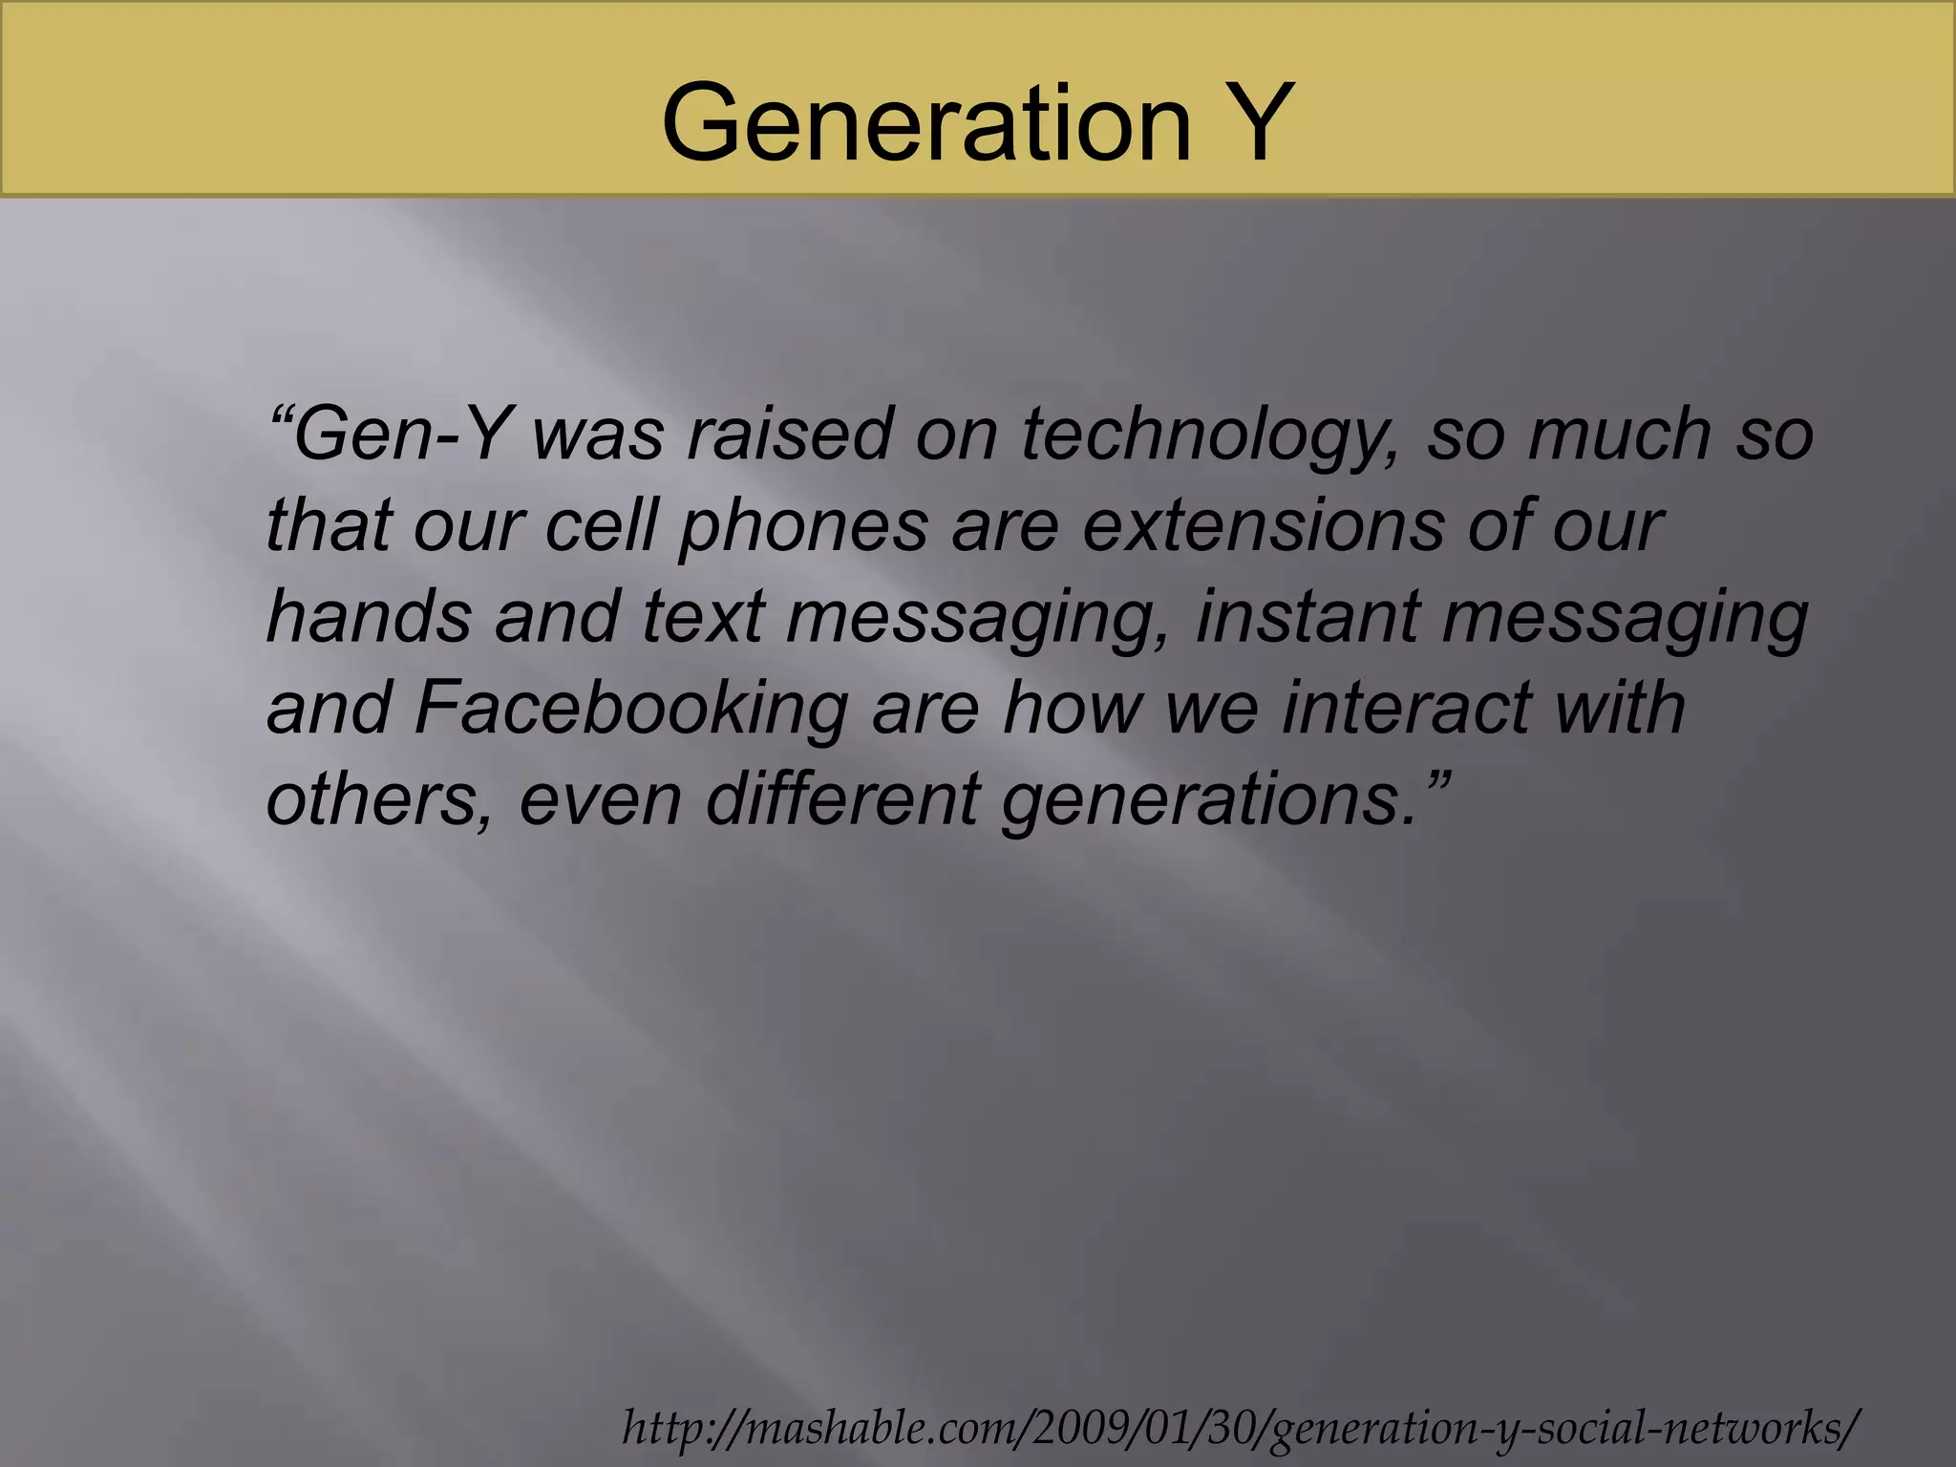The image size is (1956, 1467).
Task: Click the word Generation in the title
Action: (926, 122)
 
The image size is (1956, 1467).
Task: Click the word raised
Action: (789, 435)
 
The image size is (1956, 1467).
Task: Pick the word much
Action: (1618, 435)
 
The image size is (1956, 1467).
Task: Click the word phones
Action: (803, 526)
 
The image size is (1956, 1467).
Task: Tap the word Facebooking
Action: (630, 708)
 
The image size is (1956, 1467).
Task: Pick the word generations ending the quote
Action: (1209, 799)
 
